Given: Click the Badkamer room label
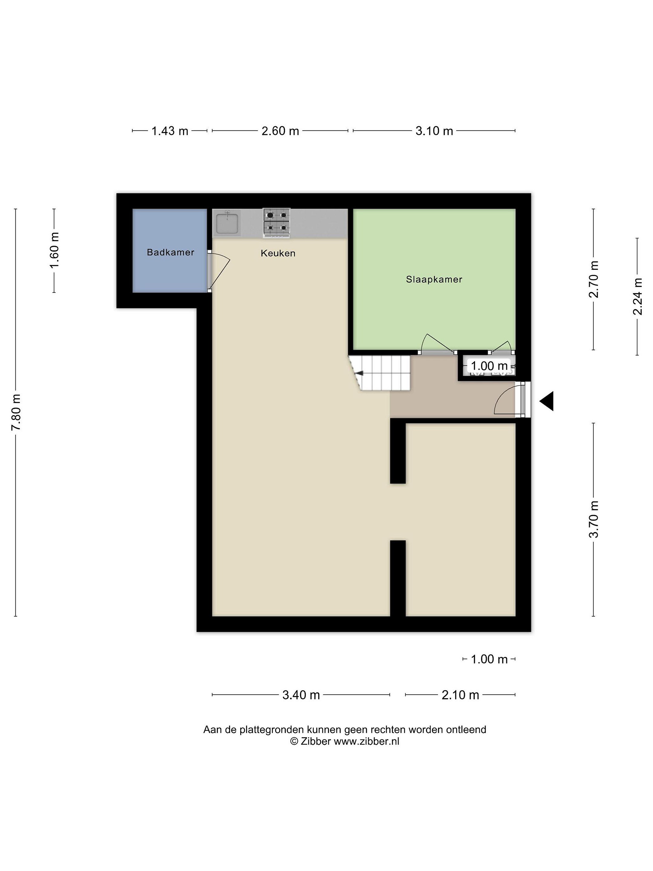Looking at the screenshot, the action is point(171,253).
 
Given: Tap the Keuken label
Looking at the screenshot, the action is point(278,253).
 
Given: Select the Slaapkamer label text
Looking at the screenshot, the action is point(434,279).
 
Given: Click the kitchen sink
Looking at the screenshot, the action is point(227,223).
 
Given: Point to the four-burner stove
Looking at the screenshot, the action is point(277,223).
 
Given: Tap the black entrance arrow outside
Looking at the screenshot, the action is point(546,401).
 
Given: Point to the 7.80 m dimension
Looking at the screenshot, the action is point(16,412).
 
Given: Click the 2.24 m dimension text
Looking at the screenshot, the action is point(637,296).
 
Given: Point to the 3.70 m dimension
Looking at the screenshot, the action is point(593,519).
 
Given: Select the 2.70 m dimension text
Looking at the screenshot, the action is point(593,279).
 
